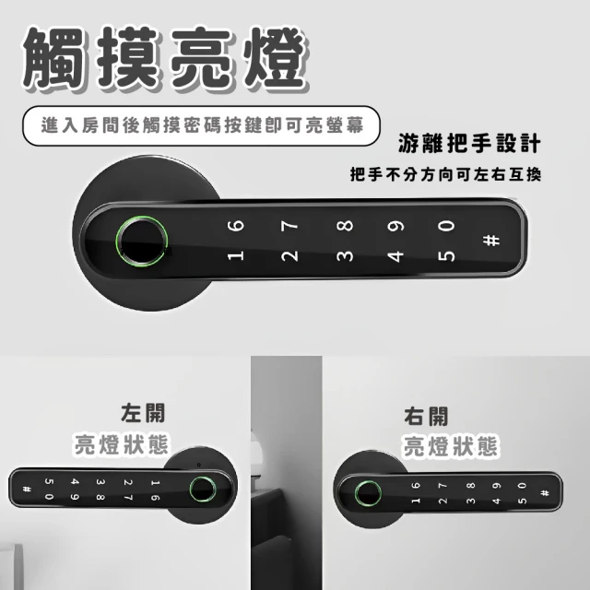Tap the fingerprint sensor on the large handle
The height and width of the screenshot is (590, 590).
click(x=141, y=242)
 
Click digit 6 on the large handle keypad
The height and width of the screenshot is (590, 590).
click(x=236, y=226)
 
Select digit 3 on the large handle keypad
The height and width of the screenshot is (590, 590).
click(x=345, y=256)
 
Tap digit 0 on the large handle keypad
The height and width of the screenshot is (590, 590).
click(x=446, y=226)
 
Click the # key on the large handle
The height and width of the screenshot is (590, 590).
click(x=491, y=241)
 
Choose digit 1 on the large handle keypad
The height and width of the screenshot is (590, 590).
click(x=236, y=256)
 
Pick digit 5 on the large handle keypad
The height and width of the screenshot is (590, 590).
click(x=446, y=256)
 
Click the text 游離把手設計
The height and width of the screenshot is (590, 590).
click(x=469, y=144)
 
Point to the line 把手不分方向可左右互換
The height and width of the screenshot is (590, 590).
click(x=445, y=174)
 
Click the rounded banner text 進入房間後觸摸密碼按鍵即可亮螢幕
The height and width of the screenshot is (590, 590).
click(x=203, y=125)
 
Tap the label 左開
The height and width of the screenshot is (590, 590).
click(x=143, y=413)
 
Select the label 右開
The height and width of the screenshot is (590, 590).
click(x=426, y=417)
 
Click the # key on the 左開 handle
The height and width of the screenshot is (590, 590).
click(x=27, y=490)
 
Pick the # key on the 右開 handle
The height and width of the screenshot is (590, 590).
click(x=545, y=493)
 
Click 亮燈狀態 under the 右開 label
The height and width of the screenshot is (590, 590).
click(x=451, y=446)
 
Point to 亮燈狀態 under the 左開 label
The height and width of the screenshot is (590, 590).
click(x=121, y=444)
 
